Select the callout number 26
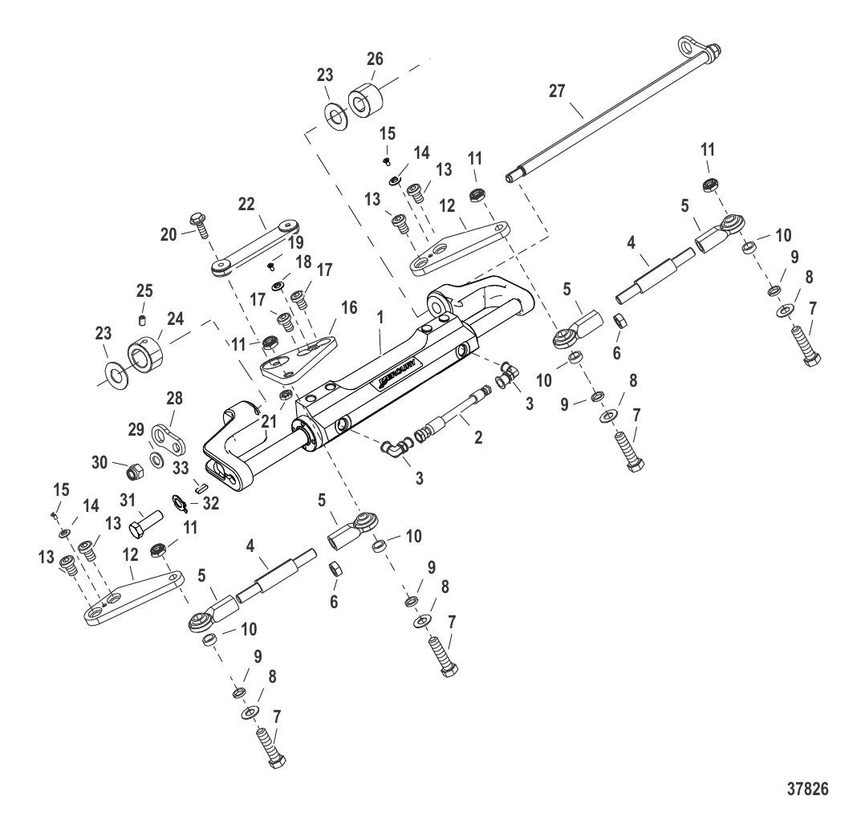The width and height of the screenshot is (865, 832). tap(375, 59)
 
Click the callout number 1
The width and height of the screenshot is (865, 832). tap(381, 317)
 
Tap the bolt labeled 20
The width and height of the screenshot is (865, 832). tap(197, 225)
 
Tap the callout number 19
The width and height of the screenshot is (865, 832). tap(296, 241)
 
